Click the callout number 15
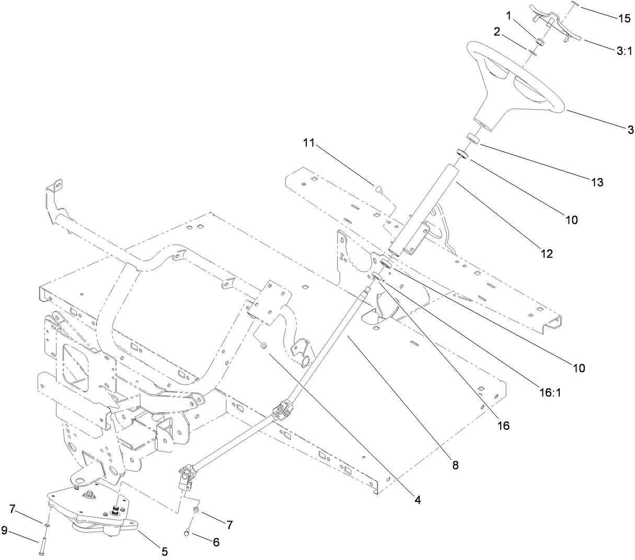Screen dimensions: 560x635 (x=624, y=18)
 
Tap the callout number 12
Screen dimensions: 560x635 (x=547, y=254)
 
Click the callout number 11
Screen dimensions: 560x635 (x=309, y=143)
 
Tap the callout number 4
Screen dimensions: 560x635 (x=417, y=500)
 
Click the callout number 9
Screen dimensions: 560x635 (x=5, y=531)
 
